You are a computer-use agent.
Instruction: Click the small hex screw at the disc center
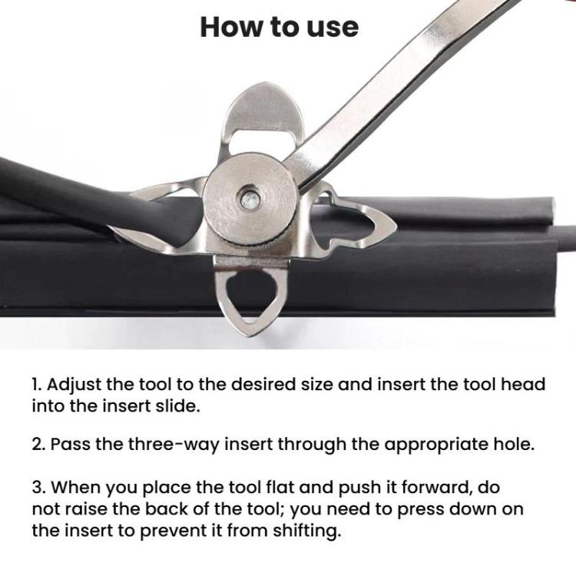(250, 200)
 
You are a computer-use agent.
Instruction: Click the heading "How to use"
(280, 27)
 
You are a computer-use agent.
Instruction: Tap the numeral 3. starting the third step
(38, 488)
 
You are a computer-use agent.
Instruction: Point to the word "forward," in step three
(436, 488)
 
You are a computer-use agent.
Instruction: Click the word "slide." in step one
(182, 406)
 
